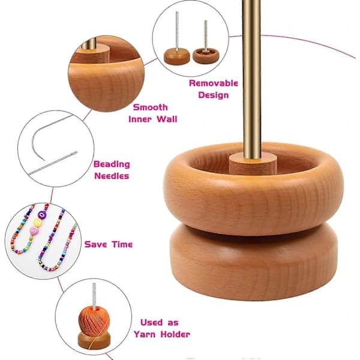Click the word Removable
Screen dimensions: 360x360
click(x=213, y=83)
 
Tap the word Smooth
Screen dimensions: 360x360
click(x=151, y=107)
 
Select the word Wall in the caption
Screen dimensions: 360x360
click(x=167, y=119)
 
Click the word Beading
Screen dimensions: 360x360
click(x=112, y=164)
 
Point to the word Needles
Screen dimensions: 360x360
click(x=112, y=176)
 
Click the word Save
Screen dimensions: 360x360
click(x=95, y=244)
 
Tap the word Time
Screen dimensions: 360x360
click(x=122, y=244)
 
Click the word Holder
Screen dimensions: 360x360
click(x=175, y=334)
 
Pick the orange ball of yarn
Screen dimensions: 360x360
click(x=94, y=320)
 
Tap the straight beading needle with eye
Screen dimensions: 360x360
click(x=53, y=163)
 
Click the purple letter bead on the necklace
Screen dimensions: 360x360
click(x=42, y=215)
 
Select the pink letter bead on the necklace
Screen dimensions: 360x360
click(x=34, y=230)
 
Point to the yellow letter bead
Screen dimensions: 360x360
click(x=38, y=223)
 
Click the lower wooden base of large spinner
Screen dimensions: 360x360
click(x=254, y=262)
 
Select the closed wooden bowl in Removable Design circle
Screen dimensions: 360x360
click(x=177, y=56)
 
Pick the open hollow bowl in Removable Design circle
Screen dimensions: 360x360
click(x=206, y=56)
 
